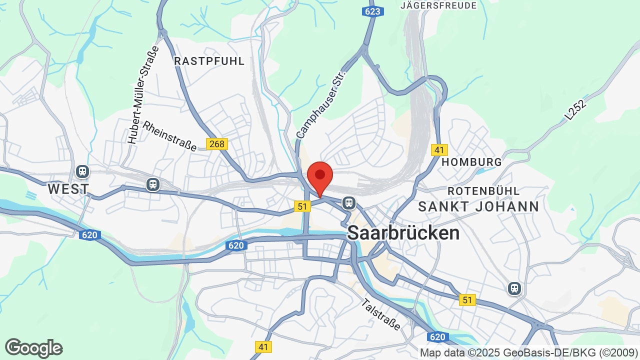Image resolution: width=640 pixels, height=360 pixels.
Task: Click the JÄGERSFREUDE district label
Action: click(438, 5)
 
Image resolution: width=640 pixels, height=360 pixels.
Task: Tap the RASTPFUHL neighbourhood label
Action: click(209, 61)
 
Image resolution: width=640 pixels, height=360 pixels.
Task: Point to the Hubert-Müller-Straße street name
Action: click(143, 95)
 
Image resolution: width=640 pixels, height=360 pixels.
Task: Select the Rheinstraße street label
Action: click(170, 135)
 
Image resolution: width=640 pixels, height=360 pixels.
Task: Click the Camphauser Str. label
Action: click(321, 104)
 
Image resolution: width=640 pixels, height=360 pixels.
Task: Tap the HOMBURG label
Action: click(471, 162)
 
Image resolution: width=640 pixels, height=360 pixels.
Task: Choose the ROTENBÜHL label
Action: click(483, 191)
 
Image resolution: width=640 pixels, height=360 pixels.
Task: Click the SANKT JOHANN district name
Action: click(478, 206)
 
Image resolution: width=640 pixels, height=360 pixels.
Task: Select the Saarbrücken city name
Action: click(403, 232)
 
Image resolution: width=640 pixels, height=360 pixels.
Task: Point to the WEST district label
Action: click(68, 189)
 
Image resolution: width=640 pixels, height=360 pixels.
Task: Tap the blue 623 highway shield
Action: click(372, 11)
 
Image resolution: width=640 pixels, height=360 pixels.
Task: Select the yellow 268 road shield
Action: click(217, 144)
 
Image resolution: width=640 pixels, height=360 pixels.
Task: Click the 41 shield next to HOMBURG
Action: click(439, 149)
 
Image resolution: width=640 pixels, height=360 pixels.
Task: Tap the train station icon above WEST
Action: click(82, 171)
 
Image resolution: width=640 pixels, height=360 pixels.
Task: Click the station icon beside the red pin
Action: click(348, 202)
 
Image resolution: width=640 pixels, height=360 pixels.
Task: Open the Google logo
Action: click(33, 348)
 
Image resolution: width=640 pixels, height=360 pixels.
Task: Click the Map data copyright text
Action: click(527, 352)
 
